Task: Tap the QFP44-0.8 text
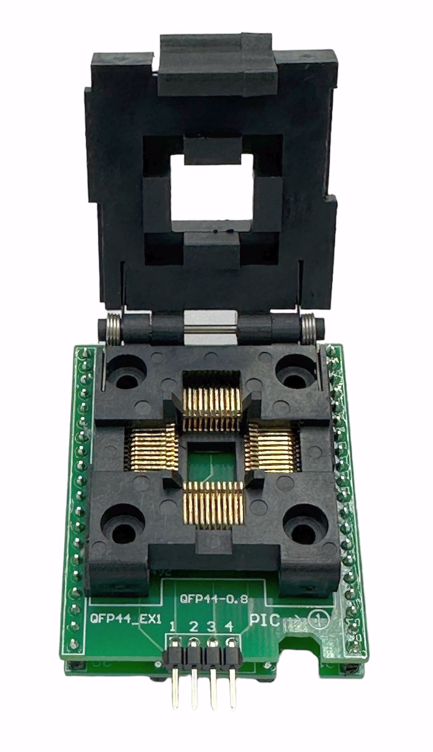tap(214, 599)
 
